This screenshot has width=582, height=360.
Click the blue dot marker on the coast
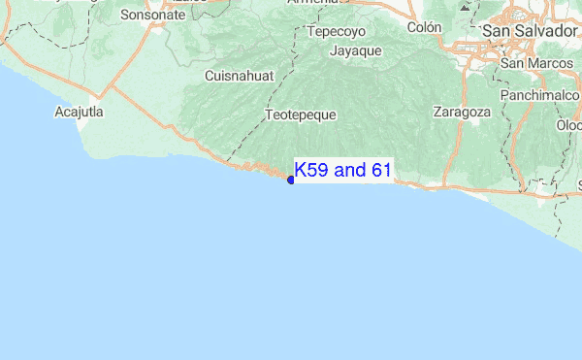click(x=291, y=180)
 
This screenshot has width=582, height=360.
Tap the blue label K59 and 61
click(x=343, y=171)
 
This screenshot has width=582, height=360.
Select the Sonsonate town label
click(x=152, y=15)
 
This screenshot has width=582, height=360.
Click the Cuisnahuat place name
click(x=240, y=76)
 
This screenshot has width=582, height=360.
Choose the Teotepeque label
click(x=301, y=115)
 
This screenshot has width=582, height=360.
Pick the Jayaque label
click(x=356, y=50)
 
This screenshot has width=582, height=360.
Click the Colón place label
click(x=424, y=27)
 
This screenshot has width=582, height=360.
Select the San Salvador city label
click(x=530, y=31)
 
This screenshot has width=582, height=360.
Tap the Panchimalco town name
click(x=540, y=96)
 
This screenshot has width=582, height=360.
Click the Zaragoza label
click(x=463, y=112)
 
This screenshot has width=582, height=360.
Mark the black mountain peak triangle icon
click(x=466, y=6)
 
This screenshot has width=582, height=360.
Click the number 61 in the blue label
click(x=380, y=171)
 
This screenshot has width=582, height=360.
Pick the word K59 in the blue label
click(x=311, y=171)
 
